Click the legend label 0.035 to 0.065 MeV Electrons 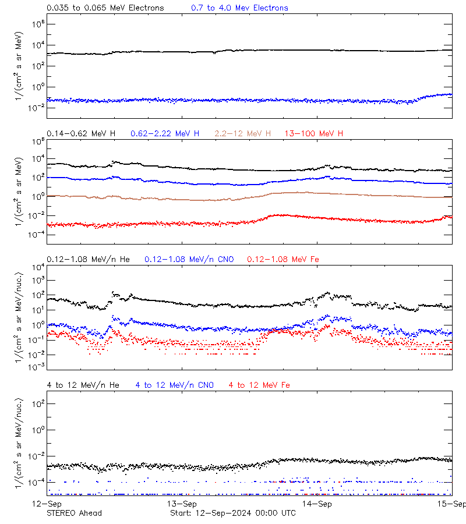(x=105, y=8)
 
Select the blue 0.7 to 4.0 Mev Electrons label (x=239, y=8)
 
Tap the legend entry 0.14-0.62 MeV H (x=81, y=134)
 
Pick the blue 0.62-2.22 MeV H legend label (x=165, y=134)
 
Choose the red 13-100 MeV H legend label (x=314, y=134)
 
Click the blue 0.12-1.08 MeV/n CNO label (x=189, y=259)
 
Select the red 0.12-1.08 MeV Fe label (x=283, y=259)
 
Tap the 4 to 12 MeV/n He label (x=83, y=385)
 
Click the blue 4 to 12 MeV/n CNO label (x=174, y=385)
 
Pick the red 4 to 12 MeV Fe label (x=259, y=385)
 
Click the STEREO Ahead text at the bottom (x=74, y=513)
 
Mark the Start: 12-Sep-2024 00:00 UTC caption (x=232, y=513)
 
